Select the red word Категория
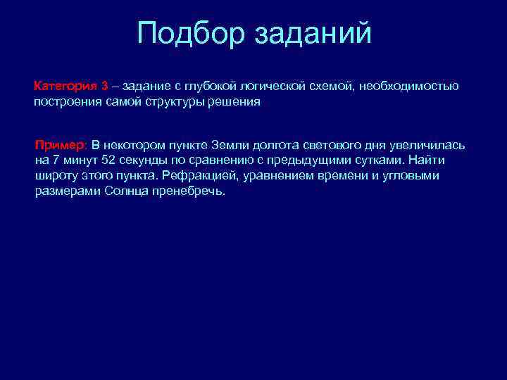click(x=66, y=87)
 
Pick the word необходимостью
click(x=409, y=87)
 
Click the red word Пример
click(x=61, y=145)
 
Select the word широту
click(x=57, y=176)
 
